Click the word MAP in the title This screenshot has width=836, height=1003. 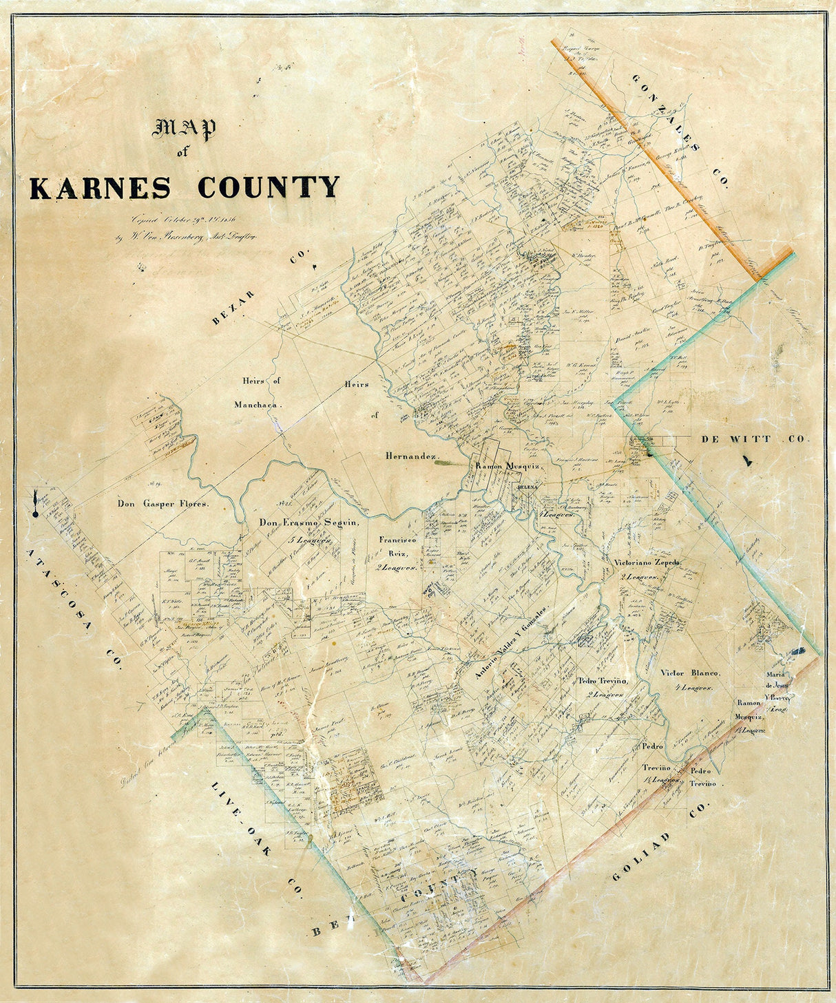click(185, 129)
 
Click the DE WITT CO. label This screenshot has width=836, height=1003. click(756, 439)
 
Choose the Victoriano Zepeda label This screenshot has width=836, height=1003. click(647, 562)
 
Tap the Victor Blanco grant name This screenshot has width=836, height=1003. click(690, 673)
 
